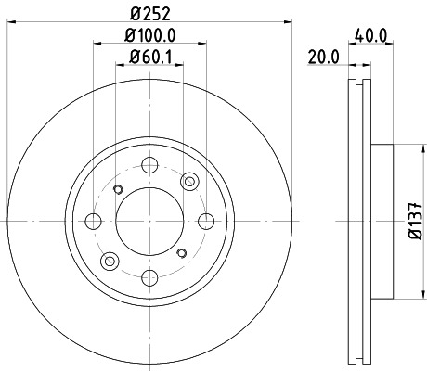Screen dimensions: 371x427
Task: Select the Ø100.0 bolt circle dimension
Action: pyautogui.click(x=151, y=37)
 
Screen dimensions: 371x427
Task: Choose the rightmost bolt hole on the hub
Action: pyautogui.click(x=206, y=222)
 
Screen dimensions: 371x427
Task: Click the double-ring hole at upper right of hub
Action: pyautogui.click(x=190, y=182)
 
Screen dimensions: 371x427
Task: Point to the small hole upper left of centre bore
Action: pyautogui.click(x=118, y=189)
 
